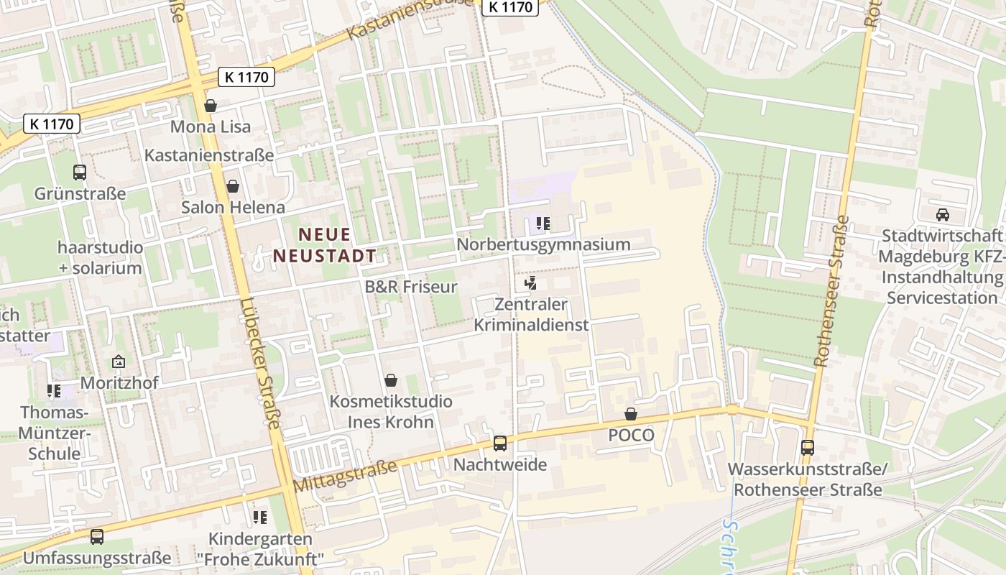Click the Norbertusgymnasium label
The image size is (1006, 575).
click(543, 244)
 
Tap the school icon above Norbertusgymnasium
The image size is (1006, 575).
click(543, 224)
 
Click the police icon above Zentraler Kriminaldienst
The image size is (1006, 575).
click(531, 283)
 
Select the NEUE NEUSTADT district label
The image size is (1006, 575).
click(324, 245)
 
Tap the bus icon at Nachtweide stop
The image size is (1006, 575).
click(500, 443)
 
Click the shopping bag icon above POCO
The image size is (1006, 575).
click(631, 414)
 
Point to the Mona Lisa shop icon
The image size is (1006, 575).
click(211, 106)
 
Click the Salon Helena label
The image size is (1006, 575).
click(233, 208)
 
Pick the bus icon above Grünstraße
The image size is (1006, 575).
click(80, 172)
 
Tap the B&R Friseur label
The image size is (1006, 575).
click(411, 287)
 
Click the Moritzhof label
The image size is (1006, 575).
click(119, 383)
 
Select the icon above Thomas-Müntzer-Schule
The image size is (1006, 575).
click(54, 391)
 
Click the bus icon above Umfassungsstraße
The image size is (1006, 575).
click(97, 536)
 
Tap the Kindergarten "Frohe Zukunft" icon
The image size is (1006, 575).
click(260, 517)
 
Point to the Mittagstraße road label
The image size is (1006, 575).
click(346, 477)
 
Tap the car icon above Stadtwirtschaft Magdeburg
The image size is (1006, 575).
click(942, 214)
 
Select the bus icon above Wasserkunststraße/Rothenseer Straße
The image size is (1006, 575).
click(808, 448)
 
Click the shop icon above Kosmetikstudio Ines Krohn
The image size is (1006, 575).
click(391, 380)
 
